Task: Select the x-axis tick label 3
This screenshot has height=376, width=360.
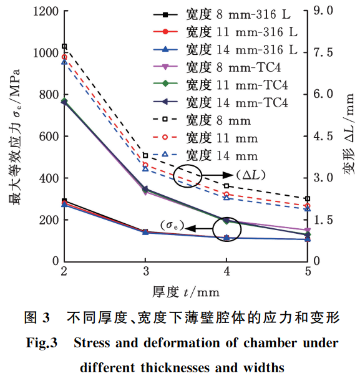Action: pos(145,272)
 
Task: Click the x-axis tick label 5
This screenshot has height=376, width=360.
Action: pos(308,272)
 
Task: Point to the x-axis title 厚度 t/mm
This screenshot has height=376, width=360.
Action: pos(186,291)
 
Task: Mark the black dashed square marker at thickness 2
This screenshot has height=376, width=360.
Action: pos(64,46)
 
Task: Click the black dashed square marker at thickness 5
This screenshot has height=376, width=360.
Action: pos(308,198)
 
